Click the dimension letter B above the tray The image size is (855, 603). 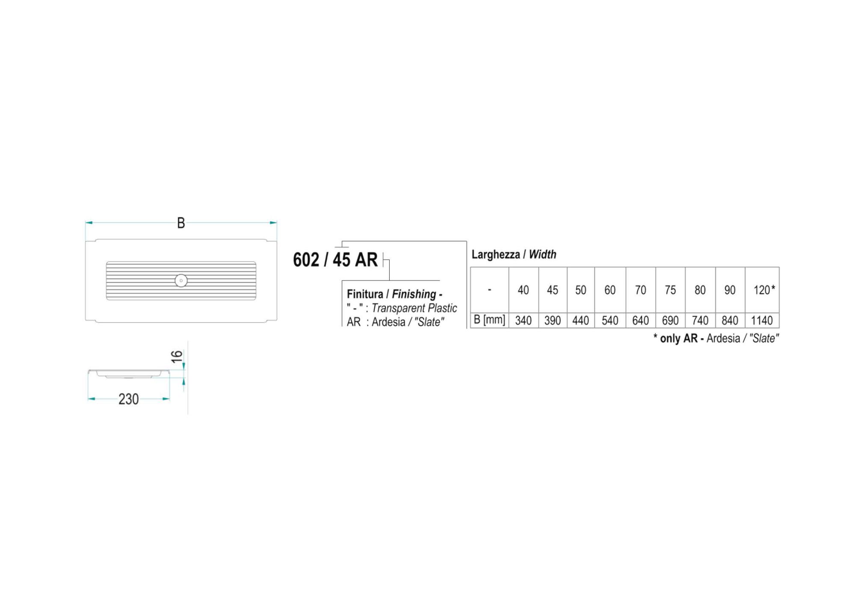click(x=181, y=223)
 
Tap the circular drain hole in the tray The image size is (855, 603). click(x=181, y=281)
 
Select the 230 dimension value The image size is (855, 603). click(x=128, y=399)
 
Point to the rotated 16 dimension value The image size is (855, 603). click(x=177, y=356)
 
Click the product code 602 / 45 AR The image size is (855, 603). click(x=335, y=260)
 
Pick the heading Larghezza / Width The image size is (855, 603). click(x=514, y=254)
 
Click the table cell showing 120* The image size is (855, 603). click(x=763, y=290)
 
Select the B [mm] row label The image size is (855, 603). click(x=489, y=320)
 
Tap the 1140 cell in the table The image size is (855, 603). click(x=762, y=321)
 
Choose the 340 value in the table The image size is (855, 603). click(x=523, y=321)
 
